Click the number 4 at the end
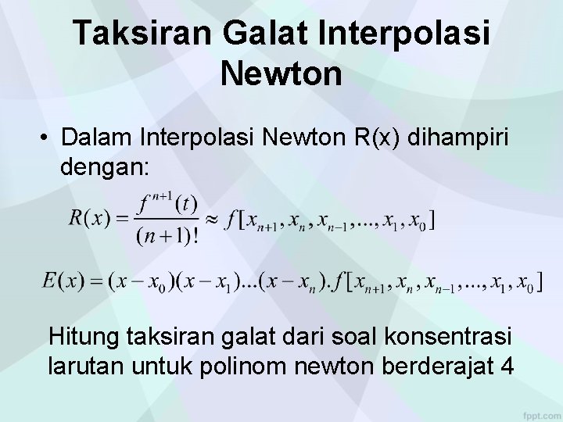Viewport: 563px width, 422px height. coord(505,366)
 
